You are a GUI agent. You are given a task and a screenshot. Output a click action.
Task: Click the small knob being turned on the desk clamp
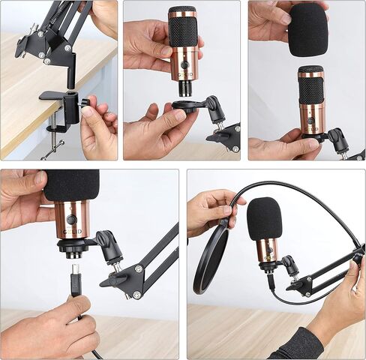click(84, 102)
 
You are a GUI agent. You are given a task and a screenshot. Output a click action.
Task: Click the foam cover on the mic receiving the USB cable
click(72, 184)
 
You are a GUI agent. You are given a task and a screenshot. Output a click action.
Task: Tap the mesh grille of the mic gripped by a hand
click(182, 30)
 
